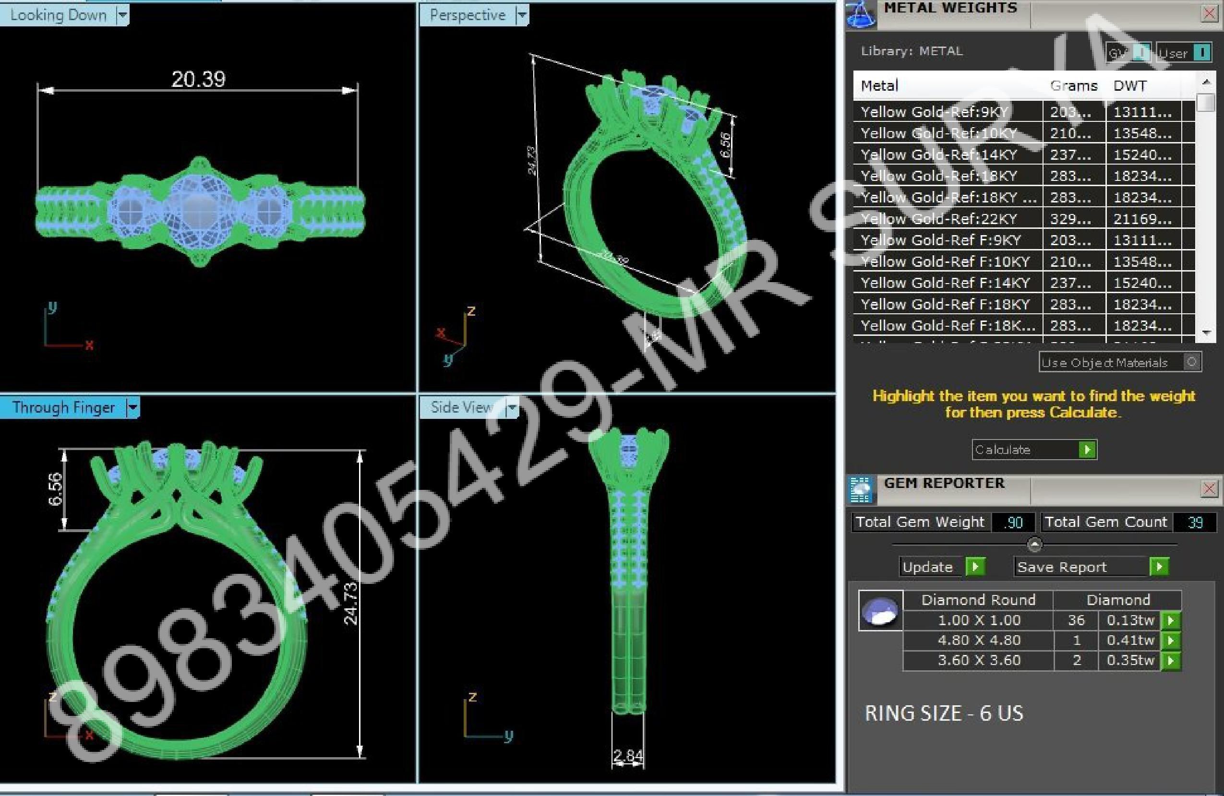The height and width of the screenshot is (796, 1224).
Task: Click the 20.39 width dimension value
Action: (x=199, y=79)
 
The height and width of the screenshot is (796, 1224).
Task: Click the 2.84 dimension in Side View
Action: (x=628, y=756)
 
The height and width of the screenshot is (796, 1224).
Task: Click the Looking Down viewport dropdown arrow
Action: (x=122, y=15)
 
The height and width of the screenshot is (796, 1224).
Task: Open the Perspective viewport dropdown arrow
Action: (x=522, y=15)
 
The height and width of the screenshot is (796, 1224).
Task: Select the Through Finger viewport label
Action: (x=63, y=408)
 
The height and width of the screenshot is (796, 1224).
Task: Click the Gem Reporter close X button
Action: (x=1209, y=488)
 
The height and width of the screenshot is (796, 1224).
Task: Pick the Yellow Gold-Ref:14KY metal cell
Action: (x=939, y=155)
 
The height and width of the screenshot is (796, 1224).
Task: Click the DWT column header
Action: (x=1130, y=86)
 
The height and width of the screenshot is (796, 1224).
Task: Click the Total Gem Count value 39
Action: (x=1195, y=523)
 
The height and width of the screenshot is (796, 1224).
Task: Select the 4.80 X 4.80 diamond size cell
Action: (x=979, y=640)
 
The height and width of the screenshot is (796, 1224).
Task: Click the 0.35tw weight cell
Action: (x=1130, y=660)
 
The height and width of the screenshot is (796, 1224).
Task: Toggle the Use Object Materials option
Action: (x=1191, y=362)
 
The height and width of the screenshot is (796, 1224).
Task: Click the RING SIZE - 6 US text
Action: (x=944, y=713)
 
